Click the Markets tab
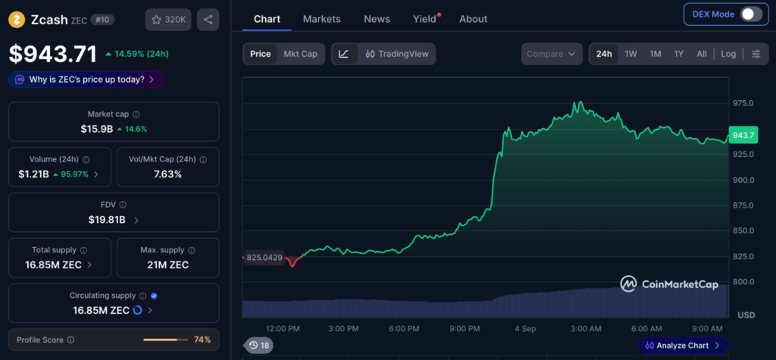tap(321, 19)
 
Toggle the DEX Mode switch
tap(751, 14)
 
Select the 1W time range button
tap(630, 54)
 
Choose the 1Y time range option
tap(678, 54)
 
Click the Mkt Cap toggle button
tap(300, 54)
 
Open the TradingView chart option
tap(397, 54)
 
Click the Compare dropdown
tap(552, 54)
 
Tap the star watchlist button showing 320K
tap(168, 20)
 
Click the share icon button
tap(208, 20)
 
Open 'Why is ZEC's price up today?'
tap(86, 80)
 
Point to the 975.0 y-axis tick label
tap(743, 103)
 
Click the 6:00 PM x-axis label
tap(405, 329)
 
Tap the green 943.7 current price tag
tap(743, 135)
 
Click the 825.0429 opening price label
tap(264, 258)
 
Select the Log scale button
tap(728, 54)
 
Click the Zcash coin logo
tap(17, 20)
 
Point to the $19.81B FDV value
tap(107, 219)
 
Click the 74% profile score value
tap(202, 340)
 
